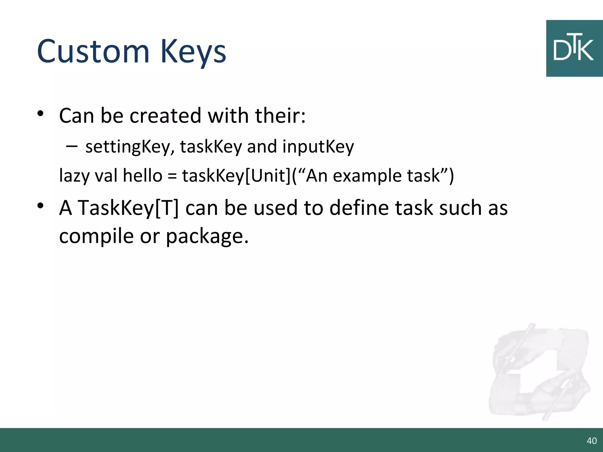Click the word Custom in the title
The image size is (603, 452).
pos(93,51)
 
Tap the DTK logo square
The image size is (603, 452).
pos(574,49)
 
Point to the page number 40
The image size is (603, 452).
pos(592,441)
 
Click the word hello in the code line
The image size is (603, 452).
pos(143,176)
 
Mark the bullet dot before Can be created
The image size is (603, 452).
pos(40,113)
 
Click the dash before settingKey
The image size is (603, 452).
pos(72,146)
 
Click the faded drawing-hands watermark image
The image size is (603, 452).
pos(539,372)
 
